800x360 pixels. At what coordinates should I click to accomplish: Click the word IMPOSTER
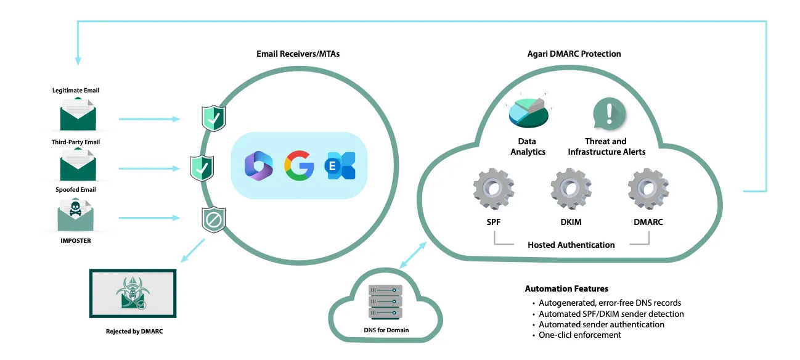(75, 241)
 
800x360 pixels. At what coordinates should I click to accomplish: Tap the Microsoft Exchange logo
(340, 166)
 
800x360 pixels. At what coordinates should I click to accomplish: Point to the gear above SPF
(494, 189)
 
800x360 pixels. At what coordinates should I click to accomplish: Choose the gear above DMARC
(648, 189)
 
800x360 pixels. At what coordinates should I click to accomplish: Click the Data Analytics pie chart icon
(529, 111)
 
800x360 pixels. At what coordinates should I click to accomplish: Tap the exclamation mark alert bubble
(609, 114)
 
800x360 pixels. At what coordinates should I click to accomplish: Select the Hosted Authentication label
(571, 245)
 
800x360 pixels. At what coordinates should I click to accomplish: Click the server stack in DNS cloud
(385, 301)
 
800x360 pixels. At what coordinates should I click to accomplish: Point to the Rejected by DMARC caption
(134, 332)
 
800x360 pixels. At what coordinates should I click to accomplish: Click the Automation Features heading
(566, 288)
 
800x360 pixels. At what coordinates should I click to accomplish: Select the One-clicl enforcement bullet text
(579, 335)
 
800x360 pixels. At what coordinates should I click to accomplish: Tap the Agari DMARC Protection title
(574, 54)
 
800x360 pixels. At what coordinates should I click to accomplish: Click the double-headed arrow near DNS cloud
(412, 255)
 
